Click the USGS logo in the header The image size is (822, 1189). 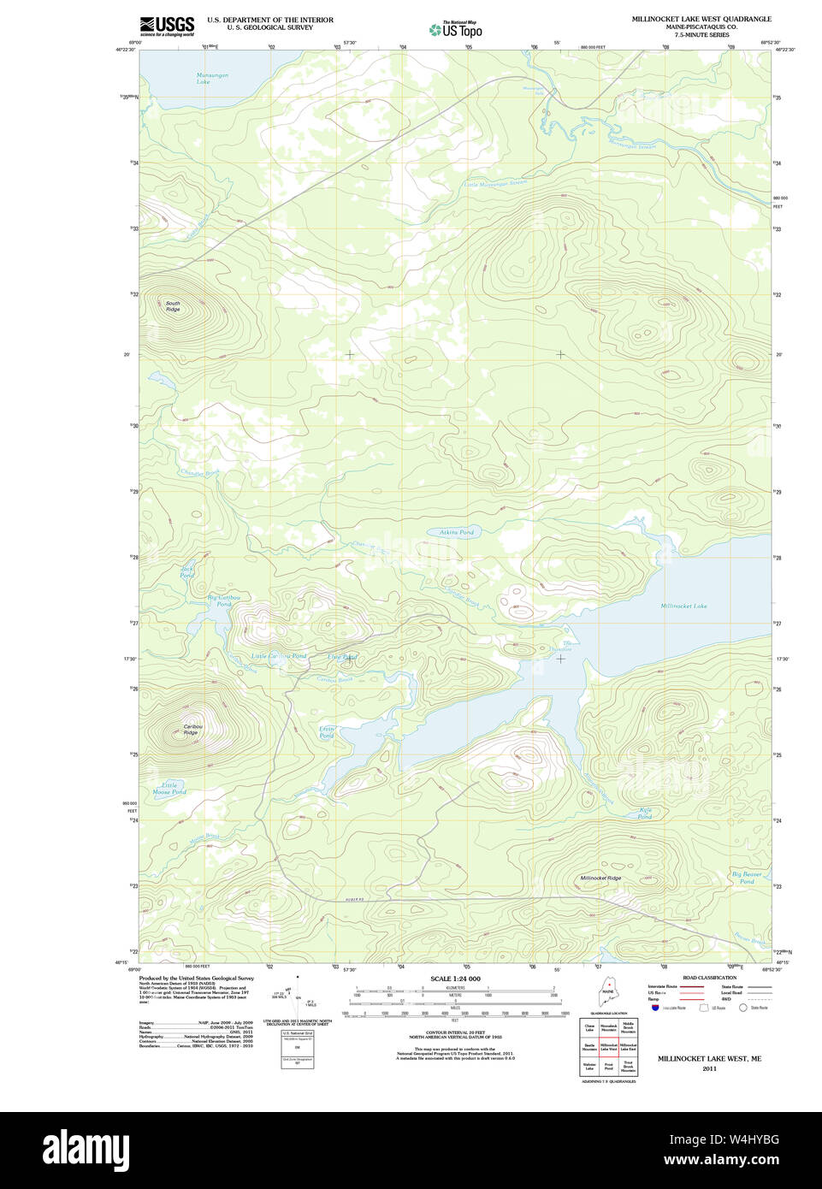pos(167,26)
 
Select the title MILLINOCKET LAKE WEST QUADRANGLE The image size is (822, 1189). pos(701,19)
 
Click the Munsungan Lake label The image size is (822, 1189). pos(203,79)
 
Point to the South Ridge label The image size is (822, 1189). pos(173,306)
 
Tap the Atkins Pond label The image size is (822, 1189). pos(456,532)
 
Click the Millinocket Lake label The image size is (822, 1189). pos(683,606)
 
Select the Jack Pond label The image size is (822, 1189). pos(186,571)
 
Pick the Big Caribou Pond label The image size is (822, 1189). pos(224,600)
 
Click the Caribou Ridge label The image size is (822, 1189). pos(191,730)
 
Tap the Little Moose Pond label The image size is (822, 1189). pos(169,789)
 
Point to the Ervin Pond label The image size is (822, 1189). pos(327,732)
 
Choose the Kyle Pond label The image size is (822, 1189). pos(645,813)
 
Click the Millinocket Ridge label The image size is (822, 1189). pos(600,878)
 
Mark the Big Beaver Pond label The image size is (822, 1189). pos(747,878)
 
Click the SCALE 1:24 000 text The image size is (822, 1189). pos(455,979)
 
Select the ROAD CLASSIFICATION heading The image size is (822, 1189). pos(709,978)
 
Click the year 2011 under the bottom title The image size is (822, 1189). pos(709,1068)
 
